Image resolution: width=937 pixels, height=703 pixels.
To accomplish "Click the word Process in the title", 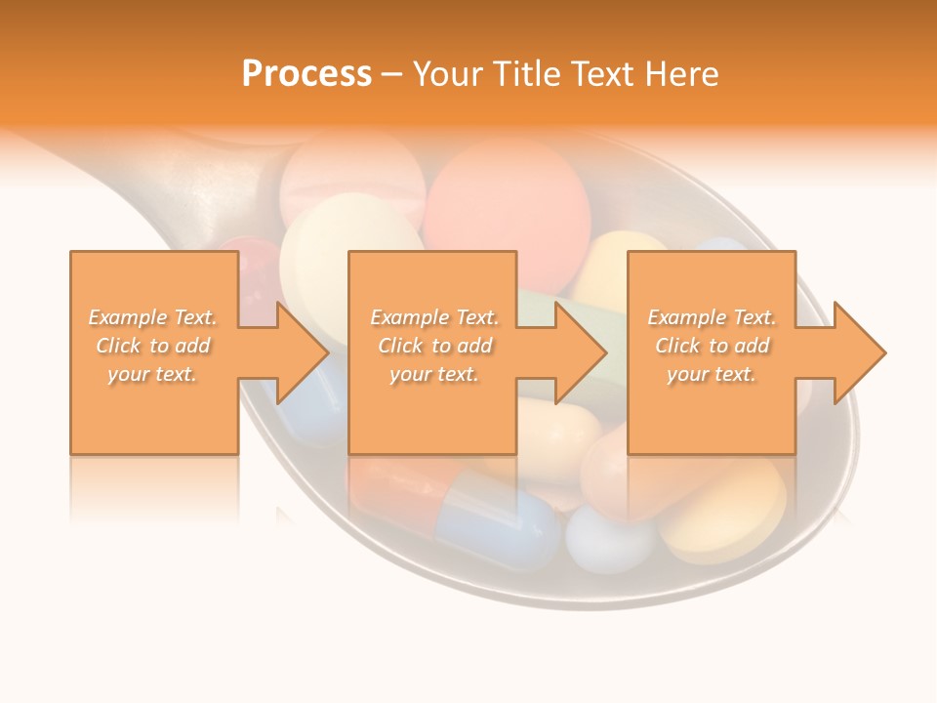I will point(306,74).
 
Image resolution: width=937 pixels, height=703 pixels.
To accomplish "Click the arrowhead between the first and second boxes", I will point(299,352).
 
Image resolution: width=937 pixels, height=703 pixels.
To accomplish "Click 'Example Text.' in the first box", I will point(153,317).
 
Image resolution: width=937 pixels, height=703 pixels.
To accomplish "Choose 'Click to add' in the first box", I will point(153,346).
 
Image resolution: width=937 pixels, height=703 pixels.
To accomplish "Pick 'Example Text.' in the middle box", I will point(434,317).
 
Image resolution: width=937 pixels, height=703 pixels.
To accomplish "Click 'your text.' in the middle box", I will point(434,374).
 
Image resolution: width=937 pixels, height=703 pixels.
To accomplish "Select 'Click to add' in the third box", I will point(713,346).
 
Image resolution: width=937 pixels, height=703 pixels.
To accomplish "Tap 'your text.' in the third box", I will point(712,374).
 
